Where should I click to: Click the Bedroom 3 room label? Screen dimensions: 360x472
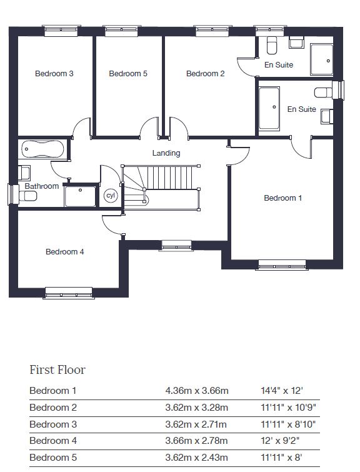click(54, 73)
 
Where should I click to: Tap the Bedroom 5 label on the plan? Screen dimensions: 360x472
click(128, 73)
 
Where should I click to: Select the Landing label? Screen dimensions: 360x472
click(166, 153)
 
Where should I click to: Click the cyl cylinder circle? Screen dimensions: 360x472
click(111, 196)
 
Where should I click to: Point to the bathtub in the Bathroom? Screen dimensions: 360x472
click(42, 149)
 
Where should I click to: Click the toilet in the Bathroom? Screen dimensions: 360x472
click(27, 196)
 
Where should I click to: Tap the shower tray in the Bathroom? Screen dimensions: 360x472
click(80, 196)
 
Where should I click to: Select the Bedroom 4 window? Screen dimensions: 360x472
click(69, 293)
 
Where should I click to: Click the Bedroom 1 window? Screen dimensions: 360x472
click(282, 265)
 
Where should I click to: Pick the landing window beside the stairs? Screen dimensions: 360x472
click(177, 246)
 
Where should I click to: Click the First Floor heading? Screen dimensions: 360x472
click(57, 370)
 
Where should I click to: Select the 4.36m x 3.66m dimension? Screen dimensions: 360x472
click(197, 391)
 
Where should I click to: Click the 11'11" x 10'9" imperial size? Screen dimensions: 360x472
click(288, 408)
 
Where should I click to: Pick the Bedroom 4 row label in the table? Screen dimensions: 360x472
click(53, 441)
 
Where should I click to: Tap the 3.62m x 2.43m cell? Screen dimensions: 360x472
click(196, 458)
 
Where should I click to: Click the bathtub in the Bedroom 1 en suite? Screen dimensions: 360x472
click(269, 109)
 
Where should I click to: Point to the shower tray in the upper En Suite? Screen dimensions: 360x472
click(321, 59)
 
